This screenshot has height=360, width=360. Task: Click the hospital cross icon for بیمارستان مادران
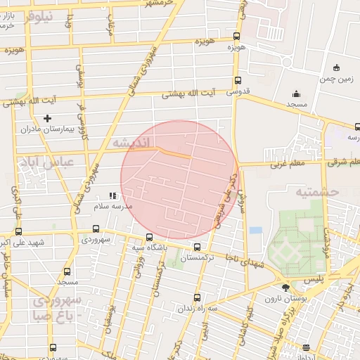coord(47,118)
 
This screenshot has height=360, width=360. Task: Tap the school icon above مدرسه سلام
coord(112,196)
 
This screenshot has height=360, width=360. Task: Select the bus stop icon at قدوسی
coord(238,80)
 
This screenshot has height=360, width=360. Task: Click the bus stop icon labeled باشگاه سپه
coord(148,237)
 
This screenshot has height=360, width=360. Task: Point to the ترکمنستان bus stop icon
coord(197,247)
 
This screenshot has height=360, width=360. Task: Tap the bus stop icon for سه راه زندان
coord(197,297)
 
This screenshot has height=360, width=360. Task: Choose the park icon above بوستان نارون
coord(285,288)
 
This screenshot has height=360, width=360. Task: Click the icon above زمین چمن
coord(337,68)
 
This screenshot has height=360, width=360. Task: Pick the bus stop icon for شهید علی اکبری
coord(18,231)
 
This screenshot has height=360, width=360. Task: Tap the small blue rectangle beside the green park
coord(255,230)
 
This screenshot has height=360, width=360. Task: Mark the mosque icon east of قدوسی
coord(296,94)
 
